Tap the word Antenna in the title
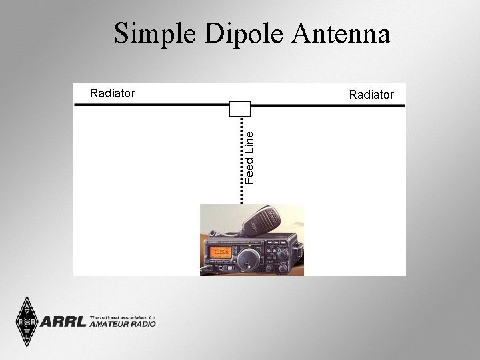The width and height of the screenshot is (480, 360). coord(341,33)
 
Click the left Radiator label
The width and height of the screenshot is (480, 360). coord(112,93)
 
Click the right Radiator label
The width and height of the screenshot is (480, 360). coord(371,95)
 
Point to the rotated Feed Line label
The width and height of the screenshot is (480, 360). coord(249,157)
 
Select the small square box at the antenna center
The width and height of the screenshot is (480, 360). coord(239,109)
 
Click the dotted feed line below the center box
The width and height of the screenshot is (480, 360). coord(240,160)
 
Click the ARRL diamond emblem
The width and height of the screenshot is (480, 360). coord(27,322)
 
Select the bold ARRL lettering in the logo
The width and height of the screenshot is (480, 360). coord(63,323)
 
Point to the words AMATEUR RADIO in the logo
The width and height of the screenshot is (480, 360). coord(123,324)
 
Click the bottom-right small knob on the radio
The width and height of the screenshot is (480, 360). coord(284,267)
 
